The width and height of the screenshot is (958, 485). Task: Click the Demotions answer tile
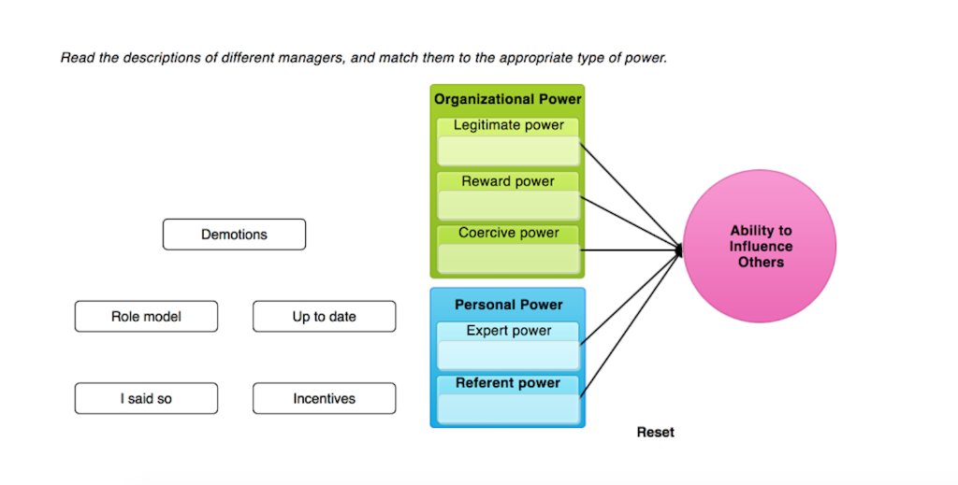coord(234,235)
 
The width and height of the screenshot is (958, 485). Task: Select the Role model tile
coord(146,317)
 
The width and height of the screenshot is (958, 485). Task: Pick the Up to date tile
coord(324,317)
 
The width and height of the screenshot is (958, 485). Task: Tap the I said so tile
coord(146,399)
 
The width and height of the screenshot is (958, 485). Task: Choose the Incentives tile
coord(324,399)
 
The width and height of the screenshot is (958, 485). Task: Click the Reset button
coord(655,433)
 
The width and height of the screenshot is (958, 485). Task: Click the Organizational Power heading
coord(507,99)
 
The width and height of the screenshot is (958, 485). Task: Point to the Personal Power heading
coord(508,305)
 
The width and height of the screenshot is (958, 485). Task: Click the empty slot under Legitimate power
coord(508,151)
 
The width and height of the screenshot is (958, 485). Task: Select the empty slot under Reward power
coord(508,206)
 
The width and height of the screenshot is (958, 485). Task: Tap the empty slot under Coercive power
coord(508,258)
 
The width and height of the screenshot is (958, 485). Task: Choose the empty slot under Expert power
coord(508,355)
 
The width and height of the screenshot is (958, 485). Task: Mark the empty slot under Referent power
coord(508,408)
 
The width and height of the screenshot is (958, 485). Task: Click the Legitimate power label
coord(508,125)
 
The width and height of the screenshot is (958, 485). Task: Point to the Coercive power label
coord(508,233)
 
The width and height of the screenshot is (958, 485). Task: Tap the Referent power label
coord(508,383)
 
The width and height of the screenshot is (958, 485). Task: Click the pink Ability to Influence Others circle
coord(760,247)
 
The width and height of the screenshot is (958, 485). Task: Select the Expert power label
coord(508,331)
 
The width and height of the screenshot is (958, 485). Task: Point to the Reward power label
coord(508,181)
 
